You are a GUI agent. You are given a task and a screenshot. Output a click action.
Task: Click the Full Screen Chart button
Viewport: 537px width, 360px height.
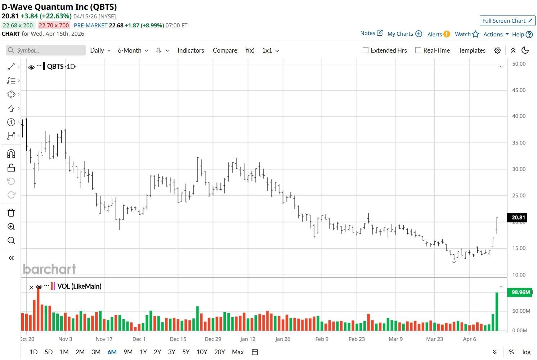(507, 21)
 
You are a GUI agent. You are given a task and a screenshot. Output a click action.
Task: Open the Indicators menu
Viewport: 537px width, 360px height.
(191, 50)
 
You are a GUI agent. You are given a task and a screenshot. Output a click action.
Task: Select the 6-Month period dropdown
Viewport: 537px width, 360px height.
(133, 50)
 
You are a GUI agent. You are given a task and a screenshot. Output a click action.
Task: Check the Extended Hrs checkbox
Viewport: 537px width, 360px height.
(366, 50)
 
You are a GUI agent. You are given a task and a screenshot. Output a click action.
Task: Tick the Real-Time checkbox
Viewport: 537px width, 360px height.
(418, 50)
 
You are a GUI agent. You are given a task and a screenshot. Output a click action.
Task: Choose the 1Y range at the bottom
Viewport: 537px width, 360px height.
(143, 352)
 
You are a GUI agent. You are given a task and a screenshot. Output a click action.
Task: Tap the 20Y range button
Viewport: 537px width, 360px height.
(219, 352)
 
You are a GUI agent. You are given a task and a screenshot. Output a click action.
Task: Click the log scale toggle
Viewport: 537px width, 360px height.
(526, 352)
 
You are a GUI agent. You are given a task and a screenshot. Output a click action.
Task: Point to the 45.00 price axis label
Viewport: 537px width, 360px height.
(519, 90)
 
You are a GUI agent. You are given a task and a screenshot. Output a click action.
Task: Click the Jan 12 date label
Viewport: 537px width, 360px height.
(248, 339)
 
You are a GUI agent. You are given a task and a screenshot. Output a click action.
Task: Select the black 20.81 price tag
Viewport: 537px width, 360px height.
(518, 217)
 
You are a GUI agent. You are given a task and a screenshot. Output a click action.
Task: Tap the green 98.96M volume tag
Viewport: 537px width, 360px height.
(520, 292)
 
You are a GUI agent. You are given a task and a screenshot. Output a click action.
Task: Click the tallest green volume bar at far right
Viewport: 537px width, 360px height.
(497, 311)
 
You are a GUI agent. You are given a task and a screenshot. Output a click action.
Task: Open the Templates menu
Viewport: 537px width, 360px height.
(472, 50)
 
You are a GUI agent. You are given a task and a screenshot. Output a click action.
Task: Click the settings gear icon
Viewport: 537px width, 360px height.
(497, 50)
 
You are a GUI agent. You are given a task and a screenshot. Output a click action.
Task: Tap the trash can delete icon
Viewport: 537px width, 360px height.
(11, 213)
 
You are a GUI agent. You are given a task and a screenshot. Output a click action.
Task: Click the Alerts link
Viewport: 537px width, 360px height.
(435, 34)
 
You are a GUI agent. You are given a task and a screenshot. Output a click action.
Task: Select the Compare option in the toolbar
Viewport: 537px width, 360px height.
(225, 50)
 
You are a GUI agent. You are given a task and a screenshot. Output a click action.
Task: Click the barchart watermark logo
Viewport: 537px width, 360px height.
(49, 269)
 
